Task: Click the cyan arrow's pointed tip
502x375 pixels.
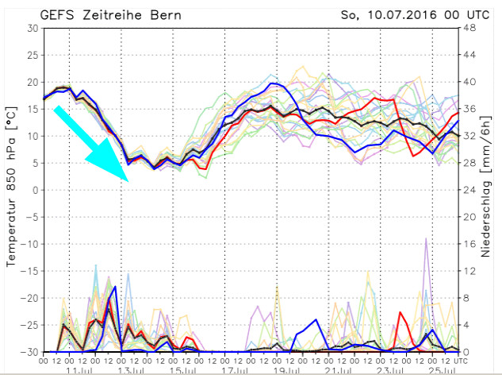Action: point(128,180)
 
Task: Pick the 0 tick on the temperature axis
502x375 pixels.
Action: point(35,190)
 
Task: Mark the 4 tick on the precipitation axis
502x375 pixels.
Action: point(468,325)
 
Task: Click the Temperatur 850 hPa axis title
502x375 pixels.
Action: point(12,189)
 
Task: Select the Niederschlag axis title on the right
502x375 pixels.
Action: point(492,190)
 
